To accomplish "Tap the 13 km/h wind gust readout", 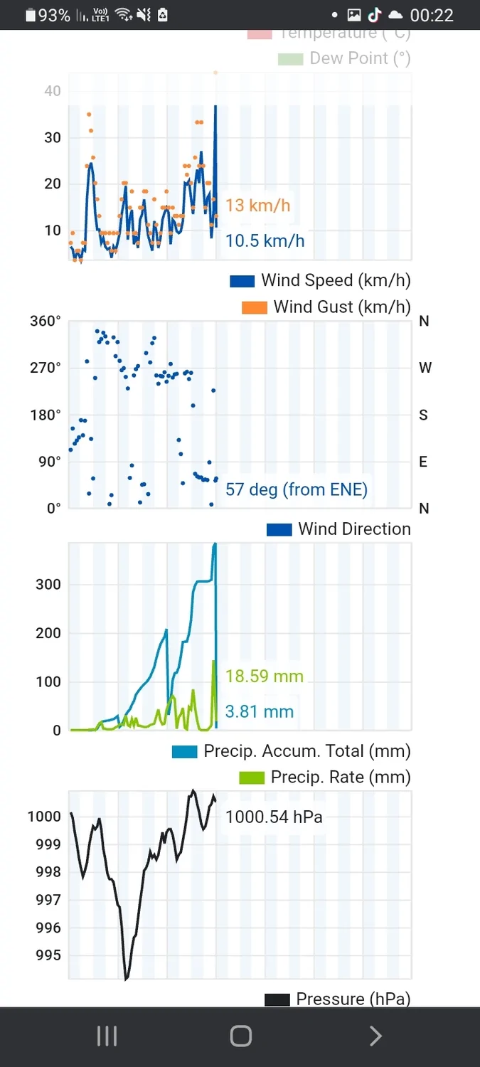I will click(x=257, y=206).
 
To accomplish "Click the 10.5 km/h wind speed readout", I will click(x=265, y=240).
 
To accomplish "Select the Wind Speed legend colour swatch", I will click(x=242, y=281).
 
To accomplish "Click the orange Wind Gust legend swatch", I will click(x=255, y=307).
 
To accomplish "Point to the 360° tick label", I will click(x=46, y=321).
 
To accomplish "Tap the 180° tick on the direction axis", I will click(x=46, y=415).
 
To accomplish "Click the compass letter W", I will click(x=425, y=368).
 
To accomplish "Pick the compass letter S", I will click(x=424, y=415).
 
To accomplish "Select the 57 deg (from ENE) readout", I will click(x=296, y=489).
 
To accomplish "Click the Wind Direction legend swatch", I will click(x=279, y=529).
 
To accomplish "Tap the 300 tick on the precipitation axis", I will click(x=48, y=585).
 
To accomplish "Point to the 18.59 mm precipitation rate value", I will click(x=264, y=676).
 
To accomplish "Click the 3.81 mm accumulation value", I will click(x=259, y=711).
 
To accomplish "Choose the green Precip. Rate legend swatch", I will click(x=253, y=777).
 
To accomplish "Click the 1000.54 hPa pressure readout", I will click(x=274, y=817).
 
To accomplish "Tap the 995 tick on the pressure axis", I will click(x=48, y=955).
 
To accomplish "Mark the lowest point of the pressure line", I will click(x=127, y=979).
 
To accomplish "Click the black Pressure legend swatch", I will click(x=277, y=999).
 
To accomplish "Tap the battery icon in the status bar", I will click(x=30, y=15).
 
